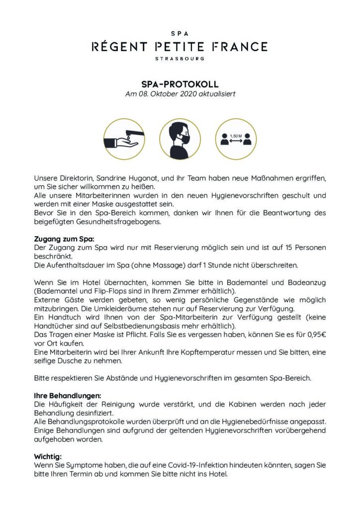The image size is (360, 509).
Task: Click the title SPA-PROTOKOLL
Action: click(x=180, y=85)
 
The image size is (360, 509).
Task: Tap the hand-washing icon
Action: click(x=122, y=138)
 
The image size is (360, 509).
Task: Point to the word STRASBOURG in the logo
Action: click(x=180, y=58)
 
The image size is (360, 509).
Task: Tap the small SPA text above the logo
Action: click(x=180, y=34)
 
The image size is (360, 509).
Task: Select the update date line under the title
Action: click(x=180, y=94)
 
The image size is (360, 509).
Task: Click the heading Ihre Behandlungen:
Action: click(x=67, y=396)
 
